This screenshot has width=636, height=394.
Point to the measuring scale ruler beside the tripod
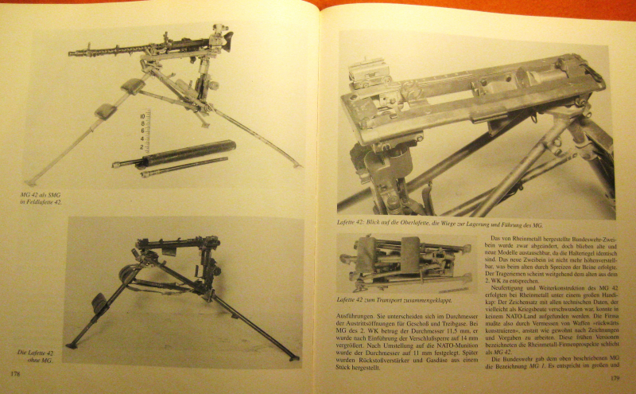pos(144,131)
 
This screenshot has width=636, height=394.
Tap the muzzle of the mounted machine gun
pos(72,55)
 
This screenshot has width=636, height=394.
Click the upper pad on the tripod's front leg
pos(133,86)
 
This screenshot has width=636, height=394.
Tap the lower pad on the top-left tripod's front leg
pos(106,111)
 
